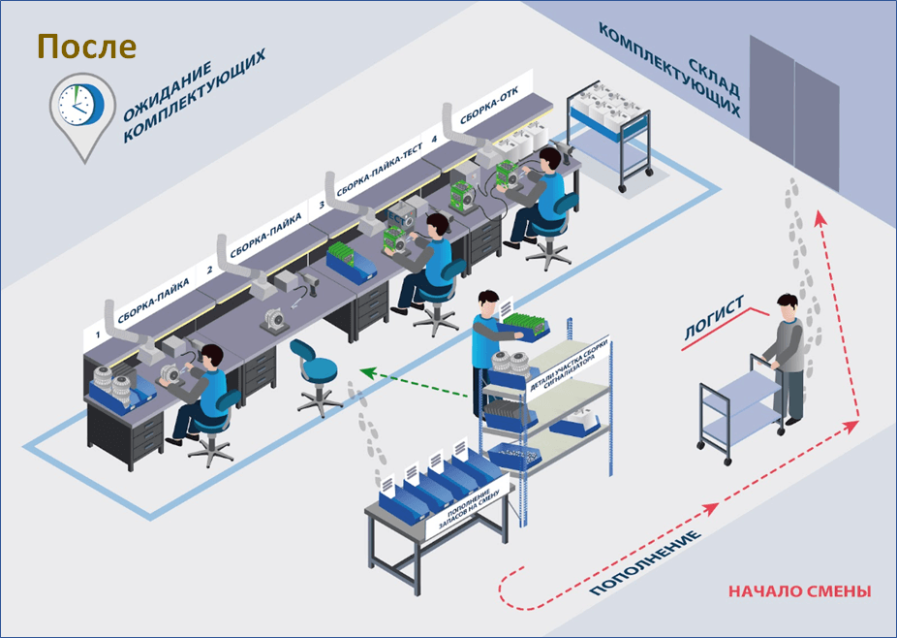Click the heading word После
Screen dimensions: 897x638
pyautogui.click(x=87, y=47)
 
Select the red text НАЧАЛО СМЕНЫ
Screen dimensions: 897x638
pyautogui.click(x=800, y=591)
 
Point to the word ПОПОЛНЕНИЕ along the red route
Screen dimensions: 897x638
pyautogui.click(x=645, y=563)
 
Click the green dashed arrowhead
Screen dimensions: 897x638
pyautogui.click(x=367, y=373)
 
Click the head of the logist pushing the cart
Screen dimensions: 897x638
pyautogui.click(x=788, y=307)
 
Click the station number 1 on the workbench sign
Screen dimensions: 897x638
pyautogui.click(x=98, y=335)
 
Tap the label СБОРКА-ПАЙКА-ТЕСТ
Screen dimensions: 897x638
pyautogui.click(x=380, y=171)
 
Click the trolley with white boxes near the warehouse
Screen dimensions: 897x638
pyautogui.click(x=610, y=135)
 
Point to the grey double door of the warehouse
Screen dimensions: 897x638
pyautogui.click(x=794, y=114)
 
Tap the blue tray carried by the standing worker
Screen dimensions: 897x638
pyautogui.click(x=524, y=327)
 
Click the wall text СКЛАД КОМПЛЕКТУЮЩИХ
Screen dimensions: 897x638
pyautogui.click(x=670, y=69)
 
